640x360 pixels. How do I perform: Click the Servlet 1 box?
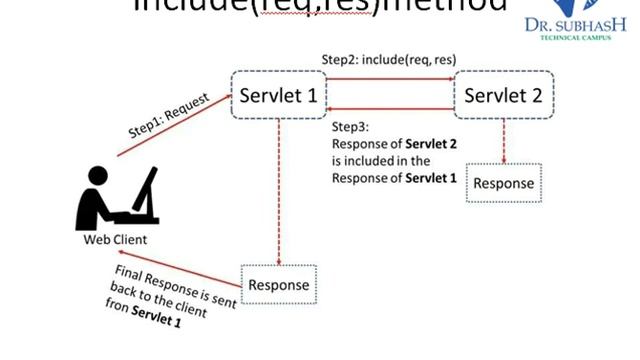tap(277, 96)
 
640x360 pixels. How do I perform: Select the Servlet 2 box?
tap(503, 96)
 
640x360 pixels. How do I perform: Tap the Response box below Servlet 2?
tap(503, 183)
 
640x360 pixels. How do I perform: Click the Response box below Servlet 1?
tap(278, 285)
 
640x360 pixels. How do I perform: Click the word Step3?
tap(350, 128)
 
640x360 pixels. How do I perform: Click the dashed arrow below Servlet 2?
tap(503, 142)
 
